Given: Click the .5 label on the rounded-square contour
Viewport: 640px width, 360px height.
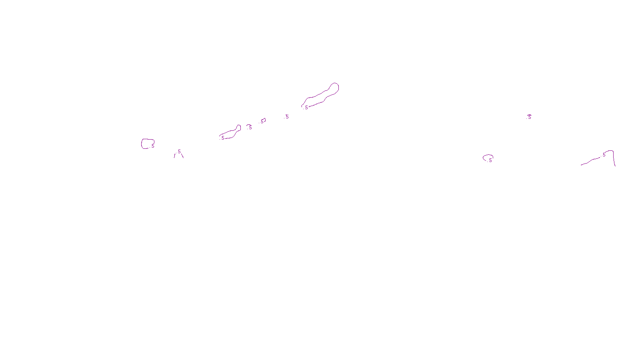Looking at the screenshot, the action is (x=152, y=146).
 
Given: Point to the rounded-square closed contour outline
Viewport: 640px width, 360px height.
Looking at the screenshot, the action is (x=142, y=144).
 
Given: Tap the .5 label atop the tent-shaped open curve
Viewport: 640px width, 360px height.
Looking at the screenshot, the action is (x=179, y=152).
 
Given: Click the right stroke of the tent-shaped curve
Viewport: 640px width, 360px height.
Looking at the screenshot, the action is (x=182, y=156).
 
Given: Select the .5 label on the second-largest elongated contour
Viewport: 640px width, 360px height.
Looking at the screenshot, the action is (x=222, y=138).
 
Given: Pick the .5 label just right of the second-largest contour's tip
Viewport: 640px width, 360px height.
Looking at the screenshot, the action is (x=250, y=128).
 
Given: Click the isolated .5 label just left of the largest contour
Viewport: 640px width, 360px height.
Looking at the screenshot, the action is (x=287, y=117).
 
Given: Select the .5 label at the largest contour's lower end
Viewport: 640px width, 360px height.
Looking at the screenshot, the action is (x=306, y=108).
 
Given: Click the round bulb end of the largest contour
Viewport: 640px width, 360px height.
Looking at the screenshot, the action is (x=334, y=87).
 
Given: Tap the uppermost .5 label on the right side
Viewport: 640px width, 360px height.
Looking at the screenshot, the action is (x=529, y=117).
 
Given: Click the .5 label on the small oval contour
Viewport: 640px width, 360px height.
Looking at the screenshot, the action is (x=490, y=160).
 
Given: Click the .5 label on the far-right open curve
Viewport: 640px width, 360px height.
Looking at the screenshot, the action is (x=604, y=155).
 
